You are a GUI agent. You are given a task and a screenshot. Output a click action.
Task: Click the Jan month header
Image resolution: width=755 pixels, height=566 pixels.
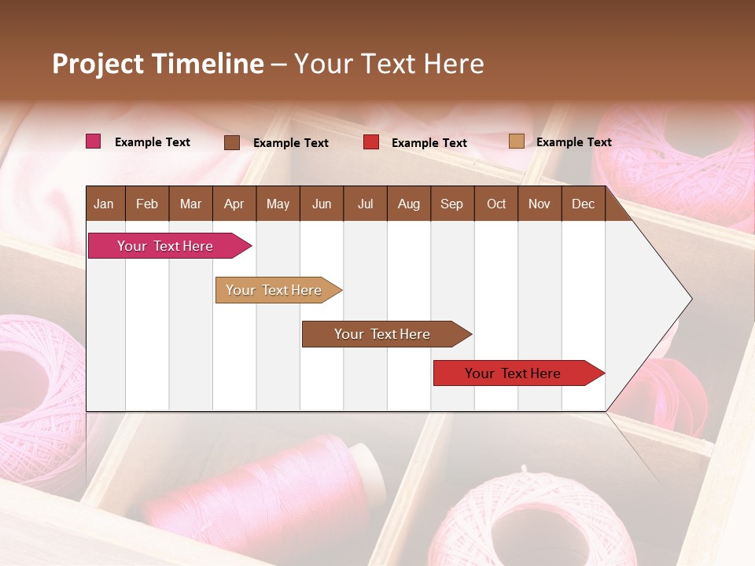(x=105, y=204)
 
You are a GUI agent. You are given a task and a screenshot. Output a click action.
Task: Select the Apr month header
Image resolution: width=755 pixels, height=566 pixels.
(x=234, y=204)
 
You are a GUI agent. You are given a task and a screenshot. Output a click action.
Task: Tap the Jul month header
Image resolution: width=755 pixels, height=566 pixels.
(x=365, y=204)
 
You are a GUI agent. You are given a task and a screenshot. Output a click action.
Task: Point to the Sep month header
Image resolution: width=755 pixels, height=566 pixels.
(x=451, y=204)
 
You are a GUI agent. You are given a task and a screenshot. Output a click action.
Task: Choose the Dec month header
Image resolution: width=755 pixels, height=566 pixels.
(x=583, y=204)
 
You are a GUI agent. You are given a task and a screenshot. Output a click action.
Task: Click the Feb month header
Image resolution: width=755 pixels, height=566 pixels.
(x=147, y=204)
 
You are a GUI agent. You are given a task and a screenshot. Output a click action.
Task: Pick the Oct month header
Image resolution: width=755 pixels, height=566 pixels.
(x=496, y=204)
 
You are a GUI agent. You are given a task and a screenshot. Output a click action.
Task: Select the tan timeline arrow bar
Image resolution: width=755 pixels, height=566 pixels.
(x=276, y=290)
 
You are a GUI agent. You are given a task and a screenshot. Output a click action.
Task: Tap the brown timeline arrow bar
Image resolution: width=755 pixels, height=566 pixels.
(x=384, y=334)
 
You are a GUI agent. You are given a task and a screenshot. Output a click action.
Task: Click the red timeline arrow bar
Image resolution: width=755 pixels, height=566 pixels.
(x=516, y=373)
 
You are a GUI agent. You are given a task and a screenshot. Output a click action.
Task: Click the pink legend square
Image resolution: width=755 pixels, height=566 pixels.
(x=94, y=141)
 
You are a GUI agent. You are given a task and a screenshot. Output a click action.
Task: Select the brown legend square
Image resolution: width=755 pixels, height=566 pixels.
(x=232, y=142)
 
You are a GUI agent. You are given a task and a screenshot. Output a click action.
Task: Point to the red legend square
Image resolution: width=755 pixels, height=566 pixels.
(x=371, y=142)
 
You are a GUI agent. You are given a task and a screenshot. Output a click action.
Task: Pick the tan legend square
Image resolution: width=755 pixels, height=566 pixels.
(x=516, y=141)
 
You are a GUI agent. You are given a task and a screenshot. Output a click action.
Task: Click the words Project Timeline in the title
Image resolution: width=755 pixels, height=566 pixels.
(x=157, y=64)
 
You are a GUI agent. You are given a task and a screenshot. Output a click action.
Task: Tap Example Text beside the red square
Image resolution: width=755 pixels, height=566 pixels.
(x=429, y=142)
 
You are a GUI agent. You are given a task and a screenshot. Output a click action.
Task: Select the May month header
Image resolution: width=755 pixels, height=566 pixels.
(x=278, y=204)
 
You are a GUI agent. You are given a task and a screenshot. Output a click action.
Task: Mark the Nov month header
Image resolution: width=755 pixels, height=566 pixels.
(x=540, y=204)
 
